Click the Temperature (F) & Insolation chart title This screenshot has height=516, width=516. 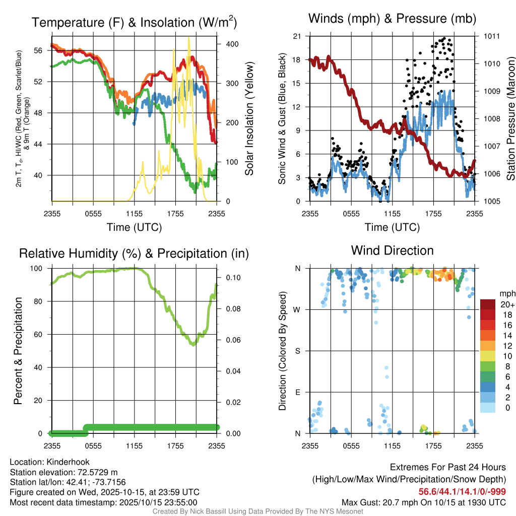coord(135,23)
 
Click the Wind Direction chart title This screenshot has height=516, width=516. coord(392,250)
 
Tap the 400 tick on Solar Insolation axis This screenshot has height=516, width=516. coord(232,44)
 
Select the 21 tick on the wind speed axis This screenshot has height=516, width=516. coord(297,36)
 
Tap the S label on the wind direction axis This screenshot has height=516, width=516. coord(297,351)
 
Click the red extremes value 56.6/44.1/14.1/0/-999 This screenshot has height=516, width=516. coord(462,492)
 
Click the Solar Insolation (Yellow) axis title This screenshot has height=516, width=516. coord(249,118)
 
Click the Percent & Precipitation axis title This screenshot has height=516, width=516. coord(19,351)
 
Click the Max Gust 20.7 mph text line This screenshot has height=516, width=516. coord(424,502)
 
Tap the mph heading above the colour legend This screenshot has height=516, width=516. coord(506,293)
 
